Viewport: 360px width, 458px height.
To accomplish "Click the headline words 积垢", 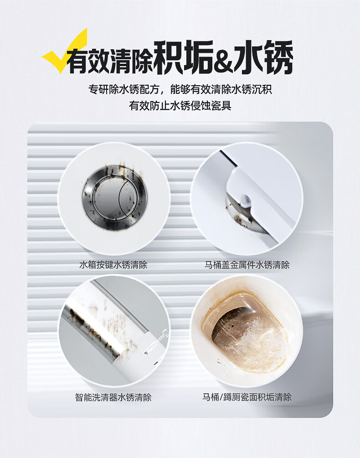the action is [x=183, y=57].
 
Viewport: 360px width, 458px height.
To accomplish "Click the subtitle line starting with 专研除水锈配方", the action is [x=180, y=89].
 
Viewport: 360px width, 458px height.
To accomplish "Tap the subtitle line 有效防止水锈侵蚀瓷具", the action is [x=180, y=105].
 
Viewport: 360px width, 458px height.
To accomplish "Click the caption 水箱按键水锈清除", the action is [x=113, y=265].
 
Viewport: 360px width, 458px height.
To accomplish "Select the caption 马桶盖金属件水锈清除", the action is [x=247, y=265].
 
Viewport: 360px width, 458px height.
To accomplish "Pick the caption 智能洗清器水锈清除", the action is [x=113, y=397].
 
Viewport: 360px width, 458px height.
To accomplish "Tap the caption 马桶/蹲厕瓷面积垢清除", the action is [x=247, y=397].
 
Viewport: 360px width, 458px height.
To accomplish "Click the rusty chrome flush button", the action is [x=114, y=197].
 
